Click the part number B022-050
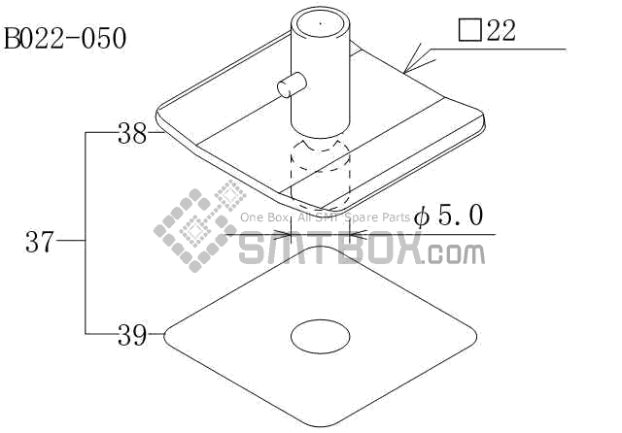65,39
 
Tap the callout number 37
39,242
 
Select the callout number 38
132,133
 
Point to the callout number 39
132,335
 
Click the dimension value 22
501,30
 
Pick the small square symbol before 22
470,30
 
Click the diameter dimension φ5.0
448,216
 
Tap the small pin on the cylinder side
292,84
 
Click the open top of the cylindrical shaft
321,23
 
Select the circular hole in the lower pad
321,337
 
